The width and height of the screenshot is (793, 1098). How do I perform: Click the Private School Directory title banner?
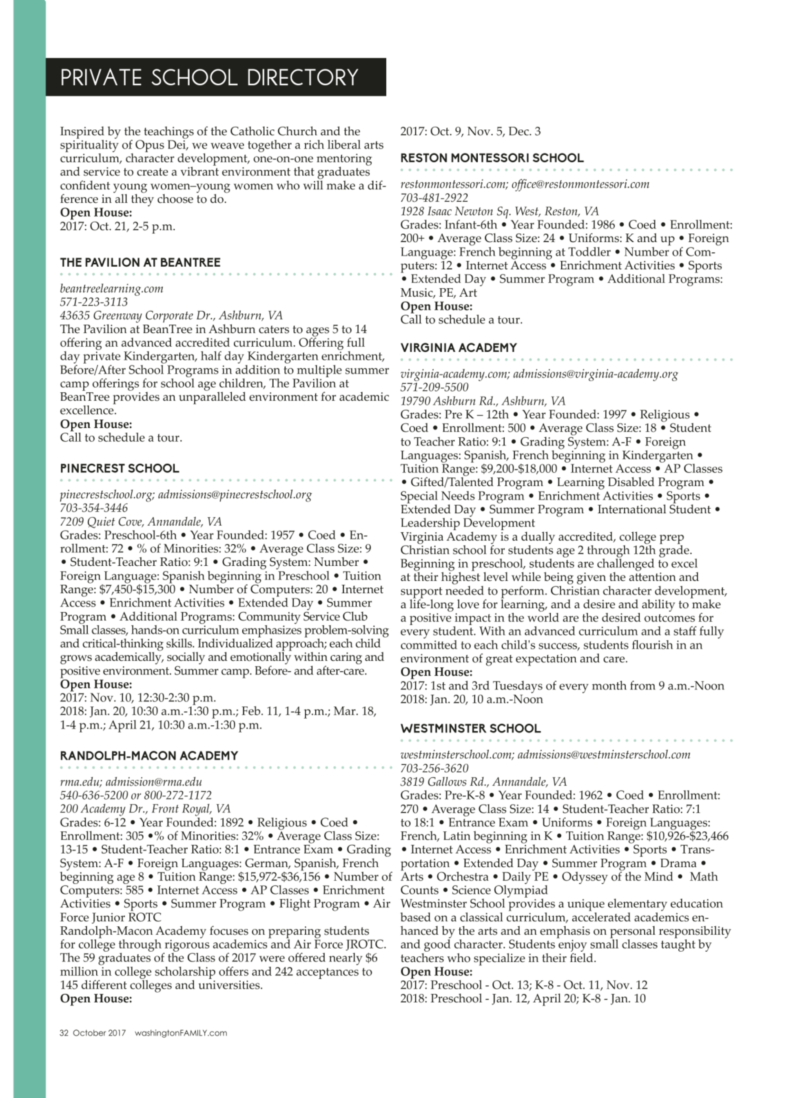215,77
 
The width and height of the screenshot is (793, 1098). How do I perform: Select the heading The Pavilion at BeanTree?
140,262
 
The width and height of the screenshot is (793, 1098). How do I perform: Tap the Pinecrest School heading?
120,468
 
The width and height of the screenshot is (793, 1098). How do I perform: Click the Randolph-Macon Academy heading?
148,756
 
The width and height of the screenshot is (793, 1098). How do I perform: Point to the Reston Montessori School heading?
492,158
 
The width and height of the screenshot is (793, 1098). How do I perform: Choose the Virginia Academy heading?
459,348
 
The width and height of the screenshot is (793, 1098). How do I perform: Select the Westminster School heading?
470,728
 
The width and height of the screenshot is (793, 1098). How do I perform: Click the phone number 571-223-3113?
94,302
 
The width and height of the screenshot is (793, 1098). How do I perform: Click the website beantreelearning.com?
111,288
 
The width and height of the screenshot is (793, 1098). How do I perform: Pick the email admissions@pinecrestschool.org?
235,494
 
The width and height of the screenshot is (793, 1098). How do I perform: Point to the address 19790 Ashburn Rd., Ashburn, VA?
483,401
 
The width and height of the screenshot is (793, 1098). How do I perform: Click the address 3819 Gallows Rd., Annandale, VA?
483,782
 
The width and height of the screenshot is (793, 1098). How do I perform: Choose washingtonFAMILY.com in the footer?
181,1033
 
